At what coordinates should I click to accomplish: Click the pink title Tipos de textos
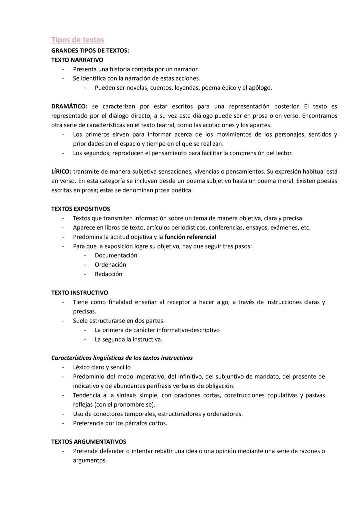coord(78,40)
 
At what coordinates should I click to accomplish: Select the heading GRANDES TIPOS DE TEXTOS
coord(90,51)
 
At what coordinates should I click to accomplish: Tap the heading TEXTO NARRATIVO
coord(77,60)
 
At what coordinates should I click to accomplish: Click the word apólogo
coord(260,88)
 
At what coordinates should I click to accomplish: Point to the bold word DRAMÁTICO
coord(69,107)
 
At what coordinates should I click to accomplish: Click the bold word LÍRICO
coord(61,172)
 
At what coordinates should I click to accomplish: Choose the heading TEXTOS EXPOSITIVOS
coord(80,209)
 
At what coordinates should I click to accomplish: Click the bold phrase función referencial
coord(190,237)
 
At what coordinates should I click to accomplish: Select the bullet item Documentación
coord(116,255)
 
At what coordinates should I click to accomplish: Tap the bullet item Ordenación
coord(110,265)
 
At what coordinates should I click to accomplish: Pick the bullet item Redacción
coord(108,274)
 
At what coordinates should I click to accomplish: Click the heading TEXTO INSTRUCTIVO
coord(79,293)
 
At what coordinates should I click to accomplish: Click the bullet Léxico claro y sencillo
coord(102,367)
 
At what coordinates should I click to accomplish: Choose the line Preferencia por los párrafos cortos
coord(120,423)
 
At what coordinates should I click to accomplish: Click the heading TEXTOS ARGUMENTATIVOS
coord(88,442)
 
